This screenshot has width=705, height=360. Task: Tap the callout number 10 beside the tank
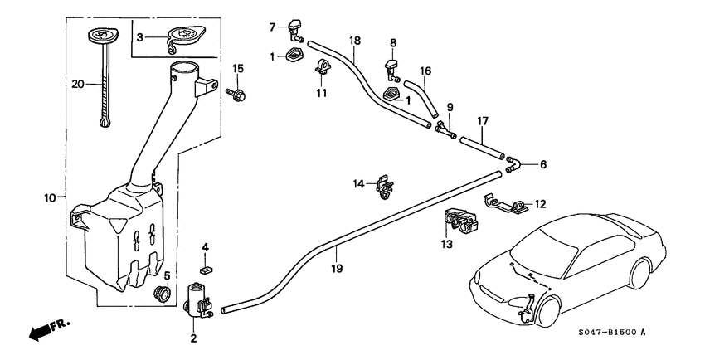pos(49,198)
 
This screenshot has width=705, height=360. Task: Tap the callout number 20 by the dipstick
pos(78,83)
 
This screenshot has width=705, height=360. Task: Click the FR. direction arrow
pos(48,330)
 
